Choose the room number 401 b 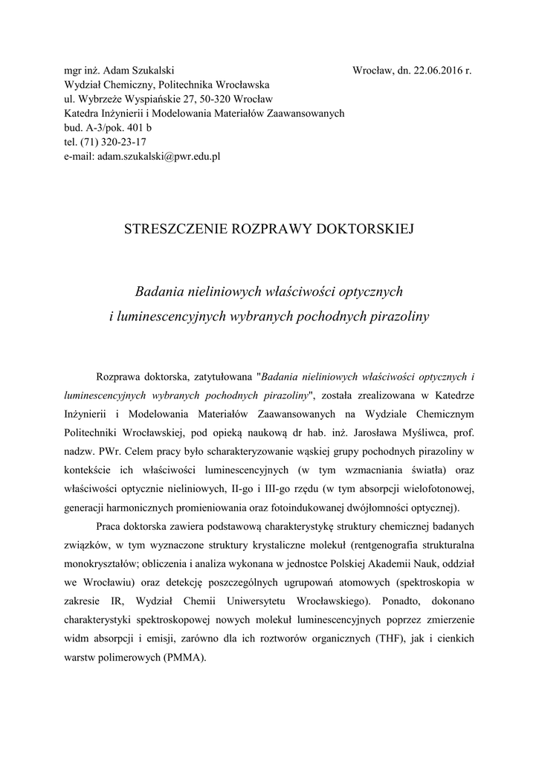click(x=138, y=129)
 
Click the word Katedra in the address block click(x=81, y=114)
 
